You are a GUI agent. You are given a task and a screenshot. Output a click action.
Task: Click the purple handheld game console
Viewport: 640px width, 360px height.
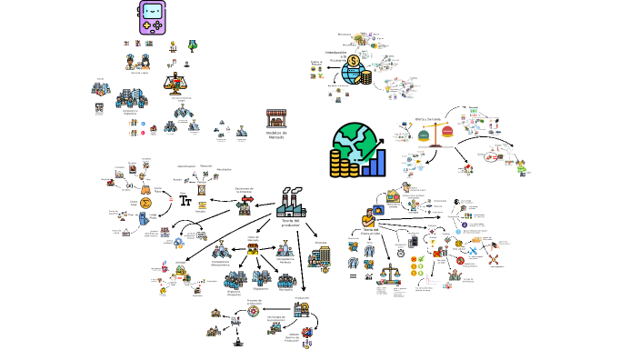pos(153,17)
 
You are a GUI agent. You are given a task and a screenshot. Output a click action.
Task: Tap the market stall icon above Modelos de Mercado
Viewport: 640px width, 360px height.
pos(276,118)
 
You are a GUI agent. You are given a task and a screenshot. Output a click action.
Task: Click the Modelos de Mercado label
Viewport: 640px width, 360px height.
pos(276,134)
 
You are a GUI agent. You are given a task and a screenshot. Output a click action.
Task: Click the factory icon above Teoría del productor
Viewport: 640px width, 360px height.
pos(291,204)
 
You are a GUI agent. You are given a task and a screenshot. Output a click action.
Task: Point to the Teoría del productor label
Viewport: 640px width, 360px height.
pos(291,223)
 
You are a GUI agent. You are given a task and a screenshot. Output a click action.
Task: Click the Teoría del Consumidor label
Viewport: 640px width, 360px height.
pos(370,231)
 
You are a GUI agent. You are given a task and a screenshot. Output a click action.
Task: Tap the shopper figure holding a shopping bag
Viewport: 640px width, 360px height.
pos(369,216)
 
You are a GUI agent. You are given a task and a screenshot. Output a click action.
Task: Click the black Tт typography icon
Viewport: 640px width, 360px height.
pos(185,200)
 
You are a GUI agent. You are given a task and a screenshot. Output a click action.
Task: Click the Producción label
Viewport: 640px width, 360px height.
pos(302,297)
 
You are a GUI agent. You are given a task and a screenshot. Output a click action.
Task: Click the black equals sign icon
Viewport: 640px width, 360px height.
pos(353,275)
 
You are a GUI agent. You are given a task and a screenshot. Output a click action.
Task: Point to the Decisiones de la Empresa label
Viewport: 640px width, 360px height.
pos(244,190)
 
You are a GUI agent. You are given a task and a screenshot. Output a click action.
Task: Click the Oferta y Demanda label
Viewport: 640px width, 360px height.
pos(427,118)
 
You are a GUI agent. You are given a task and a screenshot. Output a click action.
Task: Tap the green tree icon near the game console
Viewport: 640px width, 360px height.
pos(193,44)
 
